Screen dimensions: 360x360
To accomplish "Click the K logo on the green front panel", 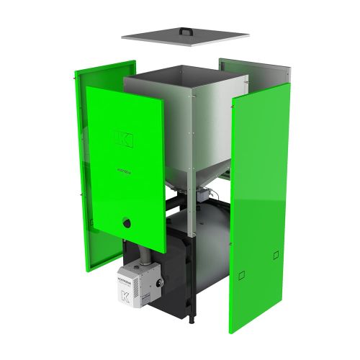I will click(124, 139).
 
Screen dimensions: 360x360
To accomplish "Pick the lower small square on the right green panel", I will click(242, 274).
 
